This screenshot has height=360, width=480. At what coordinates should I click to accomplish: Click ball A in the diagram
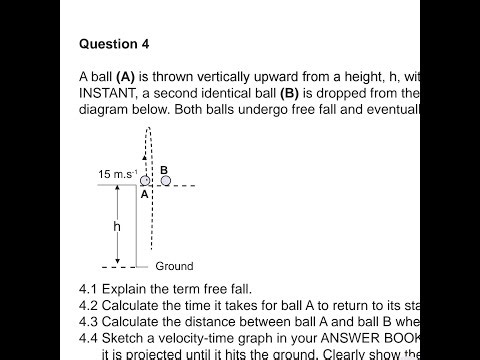(x=145, y=181)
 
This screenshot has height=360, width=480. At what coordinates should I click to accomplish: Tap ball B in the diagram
(x=165, y=181)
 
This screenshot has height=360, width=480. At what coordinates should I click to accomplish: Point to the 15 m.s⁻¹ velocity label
(x=118, y=174)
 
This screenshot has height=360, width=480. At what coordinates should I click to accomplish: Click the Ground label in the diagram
(x=174, y=267)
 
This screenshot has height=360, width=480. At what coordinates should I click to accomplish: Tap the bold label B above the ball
(x=164, y=169)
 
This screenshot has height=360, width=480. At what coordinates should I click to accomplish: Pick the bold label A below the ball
(x=144, y=195)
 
